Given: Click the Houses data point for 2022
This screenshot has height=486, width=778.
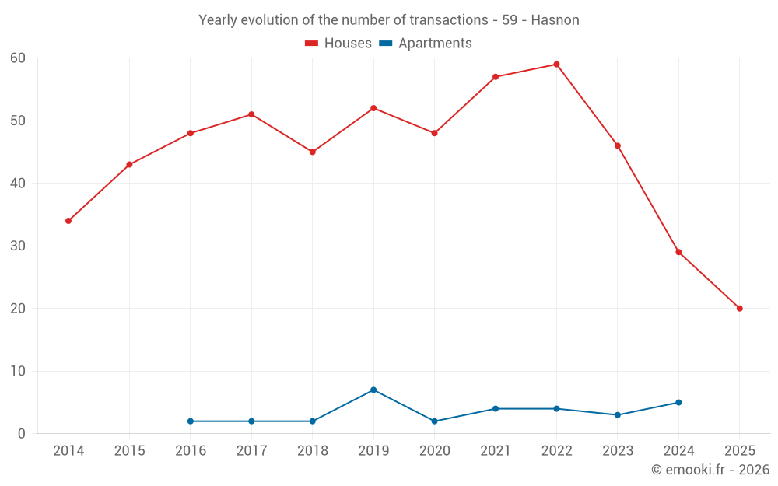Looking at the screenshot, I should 556,65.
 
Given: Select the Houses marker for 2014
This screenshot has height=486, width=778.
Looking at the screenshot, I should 68,221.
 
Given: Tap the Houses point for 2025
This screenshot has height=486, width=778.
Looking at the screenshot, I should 739,309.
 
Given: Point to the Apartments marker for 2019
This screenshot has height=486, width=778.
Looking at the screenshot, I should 373,390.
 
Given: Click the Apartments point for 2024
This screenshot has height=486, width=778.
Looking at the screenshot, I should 678,403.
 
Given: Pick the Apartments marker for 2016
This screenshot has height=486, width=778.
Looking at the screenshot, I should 191,421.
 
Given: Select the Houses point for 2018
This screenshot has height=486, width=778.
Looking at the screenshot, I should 313,152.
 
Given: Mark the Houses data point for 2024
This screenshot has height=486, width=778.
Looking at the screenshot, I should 678,252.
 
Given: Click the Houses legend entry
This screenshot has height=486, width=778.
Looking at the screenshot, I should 338,44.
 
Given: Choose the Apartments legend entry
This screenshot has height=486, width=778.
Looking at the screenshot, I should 426,44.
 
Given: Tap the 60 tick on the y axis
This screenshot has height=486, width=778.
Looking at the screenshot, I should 18,58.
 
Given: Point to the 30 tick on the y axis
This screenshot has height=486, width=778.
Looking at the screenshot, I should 18,246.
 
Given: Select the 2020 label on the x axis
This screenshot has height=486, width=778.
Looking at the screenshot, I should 434,451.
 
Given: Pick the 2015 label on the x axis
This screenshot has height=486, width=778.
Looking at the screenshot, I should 129,451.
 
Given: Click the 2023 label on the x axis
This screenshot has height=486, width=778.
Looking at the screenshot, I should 618,451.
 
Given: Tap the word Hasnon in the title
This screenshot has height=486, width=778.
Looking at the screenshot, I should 555,20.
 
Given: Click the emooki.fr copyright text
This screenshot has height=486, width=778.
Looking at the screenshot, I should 710,470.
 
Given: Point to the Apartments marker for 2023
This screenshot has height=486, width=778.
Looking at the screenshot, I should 618,415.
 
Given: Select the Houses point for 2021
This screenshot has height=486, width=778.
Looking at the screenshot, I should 496,77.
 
